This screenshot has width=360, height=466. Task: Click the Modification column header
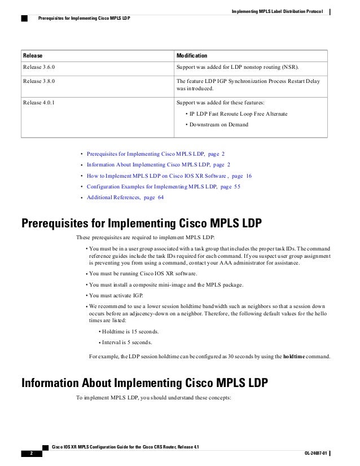pyautogui.click(x=192, y=56)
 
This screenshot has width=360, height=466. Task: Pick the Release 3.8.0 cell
pyautogui.click(x=39, y=81)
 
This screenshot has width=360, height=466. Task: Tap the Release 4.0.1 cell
pyautogui.click(x=39, y=103)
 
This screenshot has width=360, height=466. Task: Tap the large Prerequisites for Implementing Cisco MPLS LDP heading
pyautogui.click(x=141, y=221)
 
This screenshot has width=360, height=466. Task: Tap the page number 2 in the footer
pyautogui.click(x=26, y=453)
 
